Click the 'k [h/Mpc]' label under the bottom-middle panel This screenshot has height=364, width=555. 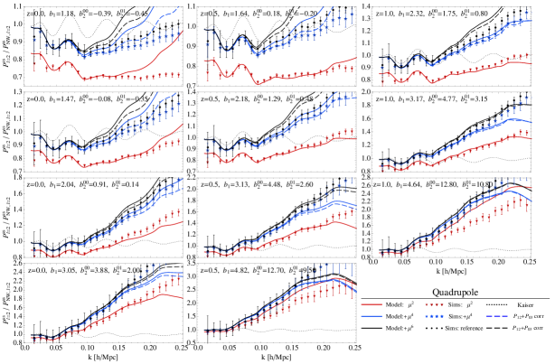[277, 358]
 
